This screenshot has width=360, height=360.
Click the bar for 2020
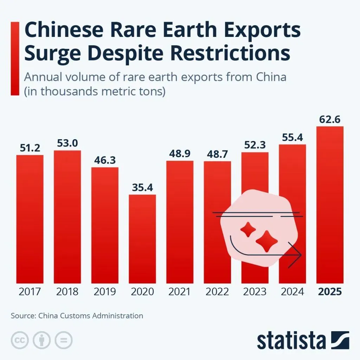(x=142, y=239)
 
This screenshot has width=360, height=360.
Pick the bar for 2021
(x=180, y=222)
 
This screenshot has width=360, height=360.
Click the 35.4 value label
(x=142, y=187)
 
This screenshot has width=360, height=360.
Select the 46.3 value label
(x=105, y=160)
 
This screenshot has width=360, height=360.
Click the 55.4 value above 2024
(x=292, y=137)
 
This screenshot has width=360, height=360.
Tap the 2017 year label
(x=30, y=292)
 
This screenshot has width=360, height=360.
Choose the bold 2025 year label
(x=330, y=292)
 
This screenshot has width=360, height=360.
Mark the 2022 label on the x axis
(x=217, y=292)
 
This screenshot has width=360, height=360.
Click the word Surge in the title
(x=52, y=54)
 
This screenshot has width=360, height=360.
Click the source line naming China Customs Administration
(x=77, y=315)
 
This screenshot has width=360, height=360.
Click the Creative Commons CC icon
(x=20, y=340)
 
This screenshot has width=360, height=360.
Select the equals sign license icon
(x=63, y=340)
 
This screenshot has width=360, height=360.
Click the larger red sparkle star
(x=267, y=241)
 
